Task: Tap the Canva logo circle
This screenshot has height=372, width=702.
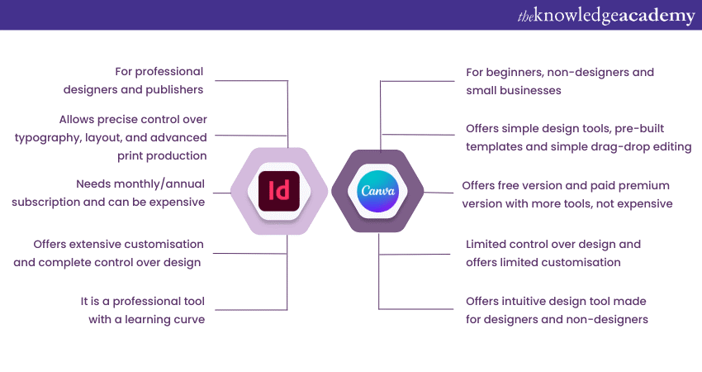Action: [378, 192]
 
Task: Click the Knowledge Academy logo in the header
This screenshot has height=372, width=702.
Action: [606, 16]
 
